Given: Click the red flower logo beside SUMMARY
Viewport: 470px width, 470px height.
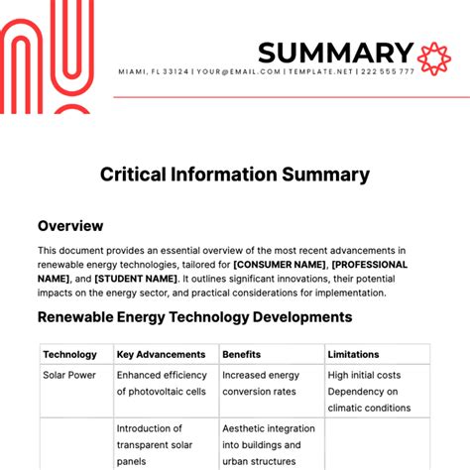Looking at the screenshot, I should [433, 57].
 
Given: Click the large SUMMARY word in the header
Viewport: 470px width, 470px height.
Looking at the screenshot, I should [335, 53].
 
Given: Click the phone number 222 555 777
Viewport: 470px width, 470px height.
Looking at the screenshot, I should [388, 72].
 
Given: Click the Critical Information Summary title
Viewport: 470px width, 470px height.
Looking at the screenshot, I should [235, 175].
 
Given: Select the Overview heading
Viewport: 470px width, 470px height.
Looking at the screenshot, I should [70, 226].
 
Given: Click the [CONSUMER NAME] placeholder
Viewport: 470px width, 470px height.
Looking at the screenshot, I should [279, 265].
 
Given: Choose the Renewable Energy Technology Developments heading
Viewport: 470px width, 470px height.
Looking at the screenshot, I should [194, 317].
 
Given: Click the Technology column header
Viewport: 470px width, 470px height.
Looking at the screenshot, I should [69, 354].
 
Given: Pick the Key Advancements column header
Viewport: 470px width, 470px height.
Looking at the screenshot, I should [161, 354].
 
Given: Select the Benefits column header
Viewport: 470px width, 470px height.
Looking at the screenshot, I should [242, 354].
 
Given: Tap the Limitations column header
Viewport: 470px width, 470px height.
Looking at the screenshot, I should [353, 354].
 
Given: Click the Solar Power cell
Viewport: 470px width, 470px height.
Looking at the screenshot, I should [69, 376].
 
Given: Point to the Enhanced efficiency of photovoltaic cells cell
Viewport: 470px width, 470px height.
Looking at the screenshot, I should [162, 384].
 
